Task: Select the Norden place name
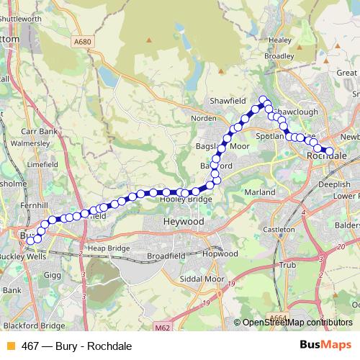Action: pyautogui.click(x=204, y=118)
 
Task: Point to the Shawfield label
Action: pyautogui.click(x=228, y=101)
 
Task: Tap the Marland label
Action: pyautogui.click(x=260, y=193)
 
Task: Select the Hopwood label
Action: pyautogui.click(x=220, y=254)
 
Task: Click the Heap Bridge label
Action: pyautogui.click(x=109, y=248)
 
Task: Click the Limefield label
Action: pyautogui.click(x=42, y=164)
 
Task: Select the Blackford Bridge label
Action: pyautogui.click(x=33, y=325)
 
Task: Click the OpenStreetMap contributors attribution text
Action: pyautogui.click(x=297, y=322)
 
